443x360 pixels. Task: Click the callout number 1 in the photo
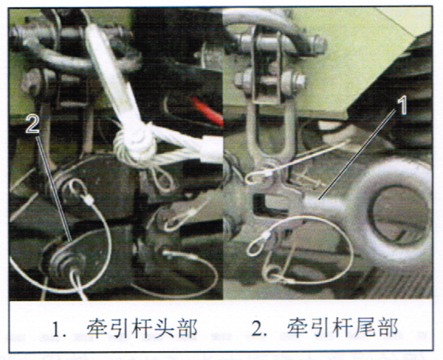click(402, 105)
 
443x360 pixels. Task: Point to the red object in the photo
click(207, 111)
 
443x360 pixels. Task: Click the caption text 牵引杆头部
click(142, 329)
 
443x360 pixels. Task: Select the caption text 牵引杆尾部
click(342, 329)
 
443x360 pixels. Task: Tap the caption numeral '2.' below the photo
click(259, 330)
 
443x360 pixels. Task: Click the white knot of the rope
click(135, 145)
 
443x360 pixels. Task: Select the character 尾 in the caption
click(365, 329)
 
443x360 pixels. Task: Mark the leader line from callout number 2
click(54, 188)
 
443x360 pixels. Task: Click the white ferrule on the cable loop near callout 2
click(89, 200)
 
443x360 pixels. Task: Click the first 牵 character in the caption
click(97, 329)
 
